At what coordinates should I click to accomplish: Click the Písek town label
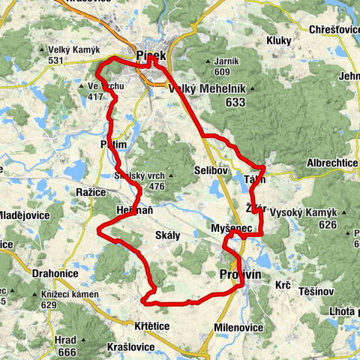click(151, 55)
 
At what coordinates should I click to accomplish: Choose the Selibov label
click(211, 171)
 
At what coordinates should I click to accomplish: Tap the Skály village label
click(168, 235)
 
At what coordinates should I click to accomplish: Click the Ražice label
click(90, 193)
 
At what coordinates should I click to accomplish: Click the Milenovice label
click(239, 306)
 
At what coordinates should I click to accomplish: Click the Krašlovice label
click(129, 346)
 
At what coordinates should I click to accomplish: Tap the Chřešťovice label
click(334, 29)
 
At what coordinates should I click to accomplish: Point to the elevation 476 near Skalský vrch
click(157, 186)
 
